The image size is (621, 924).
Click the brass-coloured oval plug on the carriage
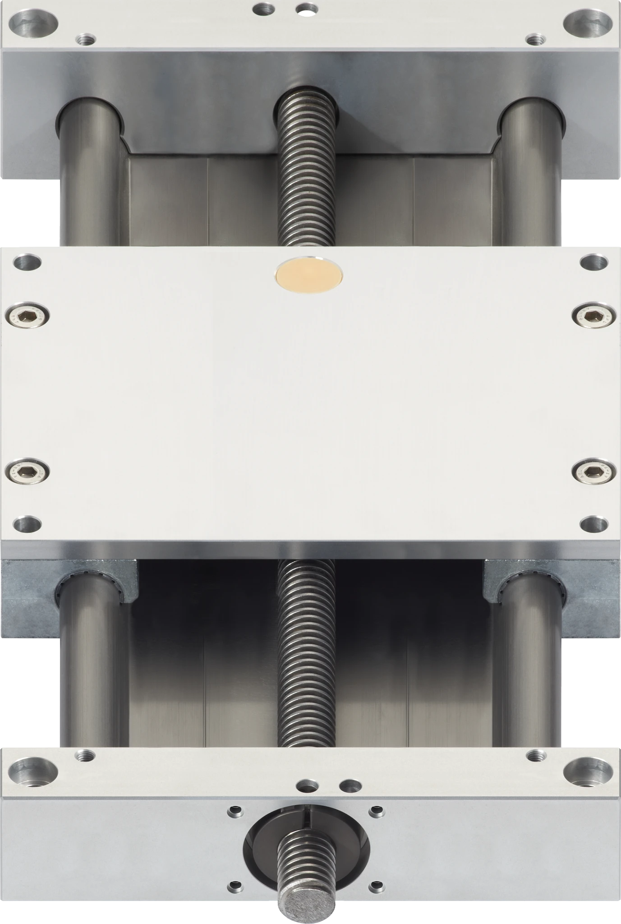pos(309,276)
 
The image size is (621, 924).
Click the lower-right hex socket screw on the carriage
pos(594,472)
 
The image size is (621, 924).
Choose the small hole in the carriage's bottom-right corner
pos(594,524)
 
